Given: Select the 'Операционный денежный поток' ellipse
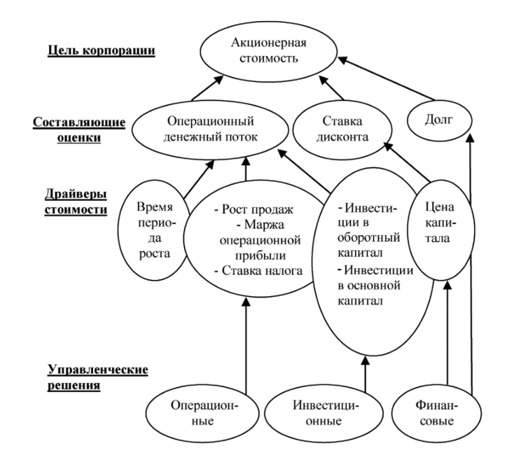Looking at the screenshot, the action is pyautogui.click(x=210, y=129).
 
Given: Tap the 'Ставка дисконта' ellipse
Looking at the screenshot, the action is pyautogui.click(x=342, y=129).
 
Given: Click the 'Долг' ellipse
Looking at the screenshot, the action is pyautogui.click(x=440, y=120).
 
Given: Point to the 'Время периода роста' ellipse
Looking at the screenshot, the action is pyautogui.click(x=154, y=230).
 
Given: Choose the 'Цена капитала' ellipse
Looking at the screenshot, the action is pyautogui.click(x=440, y=230).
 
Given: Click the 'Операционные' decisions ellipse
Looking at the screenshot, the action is pyautogui.click(x=202, y=413).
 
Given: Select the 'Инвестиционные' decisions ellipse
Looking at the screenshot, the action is pyautogui.click(x=324, y=413).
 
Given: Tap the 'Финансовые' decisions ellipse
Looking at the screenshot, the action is pyautogui.click(x=436, y=413).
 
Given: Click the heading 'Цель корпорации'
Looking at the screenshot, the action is pyautogui.click(x=101, y=51).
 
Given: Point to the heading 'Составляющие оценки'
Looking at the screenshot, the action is pyautogui.click(x=79, y=130).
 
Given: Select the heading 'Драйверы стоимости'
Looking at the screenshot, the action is pyautogui.click(x=76, y=202).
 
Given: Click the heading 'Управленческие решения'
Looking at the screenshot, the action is pyautogui.click(x=97, y=377).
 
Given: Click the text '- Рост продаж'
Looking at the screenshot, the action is pyautogui.click(x=254, y=209).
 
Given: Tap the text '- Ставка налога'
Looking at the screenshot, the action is pyautogui.click(x=258, y=271).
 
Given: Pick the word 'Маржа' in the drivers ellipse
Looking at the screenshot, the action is pyautogui.click(x=264, y=225).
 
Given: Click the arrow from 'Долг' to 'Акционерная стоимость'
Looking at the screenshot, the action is pyautogui.click(x=386, y=78).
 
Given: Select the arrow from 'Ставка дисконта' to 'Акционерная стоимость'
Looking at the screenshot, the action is pyautogui.click(x=331, y=87).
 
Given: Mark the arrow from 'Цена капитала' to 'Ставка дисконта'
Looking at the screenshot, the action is pyautogui.click(x=407, y=162).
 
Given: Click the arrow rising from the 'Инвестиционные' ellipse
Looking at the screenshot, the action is pyautogui.click(x=366, y=374).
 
